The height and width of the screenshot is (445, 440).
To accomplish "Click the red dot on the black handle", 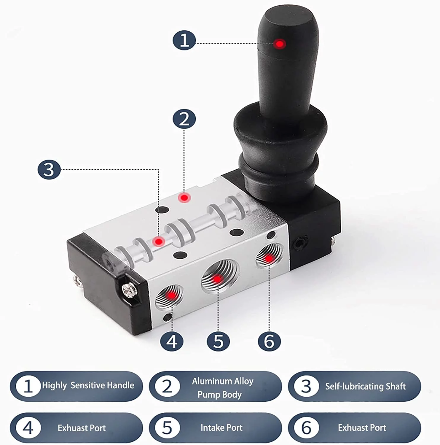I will coord(279,44).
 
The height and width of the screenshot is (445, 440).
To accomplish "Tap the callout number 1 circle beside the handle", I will coord(184,40).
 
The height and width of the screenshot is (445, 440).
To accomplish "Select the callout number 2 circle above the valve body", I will coord(184,119).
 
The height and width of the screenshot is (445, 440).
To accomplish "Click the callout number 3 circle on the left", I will coord(49,170).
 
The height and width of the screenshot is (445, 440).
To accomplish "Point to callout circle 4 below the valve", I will coord(172,341).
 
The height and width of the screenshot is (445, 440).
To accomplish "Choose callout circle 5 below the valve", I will coord(218,341).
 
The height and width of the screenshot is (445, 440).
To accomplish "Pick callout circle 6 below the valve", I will coord(269,341).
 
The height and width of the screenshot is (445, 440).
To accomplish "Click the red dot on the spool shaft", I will coord(159,241).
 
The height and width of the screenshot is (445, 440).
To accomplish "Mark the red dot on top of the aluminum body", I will coord(184,198).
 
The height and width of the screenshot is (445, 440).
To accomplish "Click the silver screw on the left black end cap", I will coord(130,289).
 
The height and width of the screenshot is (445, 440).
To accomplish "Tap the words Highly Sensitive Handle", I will coord(88,385).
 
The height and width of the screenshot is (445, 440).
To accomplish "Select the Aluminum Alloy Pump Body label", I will coord(222,387).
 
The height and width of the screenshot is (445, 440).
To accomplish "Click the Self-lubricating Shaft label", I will coord(365,386).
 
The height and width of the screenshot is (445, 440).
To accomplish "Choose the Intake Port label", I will coord(221,427).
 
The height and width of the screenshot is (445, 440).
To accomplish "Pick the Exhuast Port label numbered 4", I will coord(82,428).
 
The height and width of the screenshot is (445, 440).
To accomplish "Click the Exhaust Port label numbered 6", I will coord(362,427).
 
